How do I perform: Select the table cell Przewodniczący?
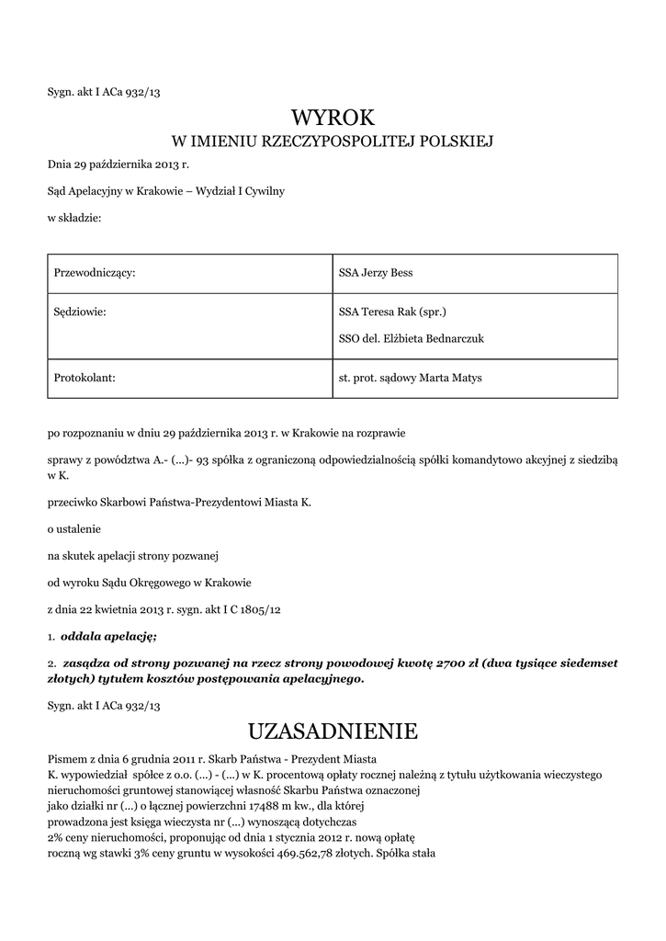[96, 273]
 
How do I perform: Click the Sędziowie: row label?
[81, 312]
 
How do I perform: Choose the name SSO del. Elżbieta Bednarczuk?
[411, 339]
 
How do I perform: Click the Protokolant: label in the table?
[85, 378]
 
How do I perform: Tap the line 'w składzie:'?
[74, 218]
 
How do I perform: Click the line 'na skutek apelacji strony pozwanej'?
[132, 555]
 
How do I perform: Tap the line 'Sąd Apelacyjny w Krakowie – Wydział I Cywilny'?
[166, 191]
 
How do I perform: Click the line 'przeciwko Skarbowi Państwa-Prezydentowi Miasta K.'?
[179, 503]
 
